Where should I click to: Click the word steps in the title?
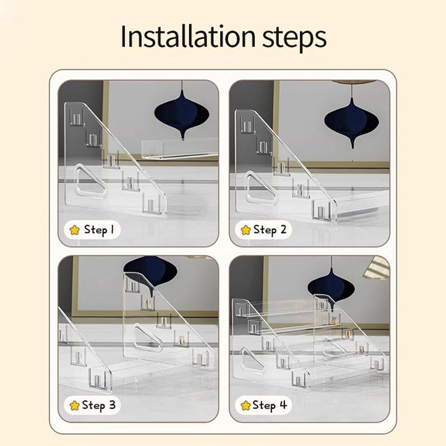pyautogui.click(x=294, y=38)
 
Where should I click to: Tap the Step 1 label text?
pyautogui.click(x=99, y=230)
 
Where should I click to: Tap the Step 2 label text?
pyautogui.click(x=270, y=230)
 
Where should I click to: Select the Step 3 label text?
pyautogui.click(x=99, y=405)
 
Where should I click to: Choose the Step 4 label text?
pyautogui.click(x=270, y=405)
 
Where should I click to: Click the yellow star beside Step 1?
pyautogui.click(x=75, y=230)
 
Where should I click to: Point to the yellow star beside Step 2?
pyautogui.click(x=245, y=230)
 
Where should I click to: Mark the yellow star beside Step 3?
pyautogui.click(x=75, y=405)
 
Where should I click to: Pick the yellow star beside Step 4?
pyautogui.click(x=245, y=405)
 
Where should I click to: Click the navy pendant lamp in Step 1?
pyautogui.click(x=182, y=114)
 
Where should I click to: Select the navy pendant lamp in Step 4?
pyautogui.click(x=331, y=287)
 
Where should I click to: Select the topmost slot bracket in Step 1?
pyautogui.click(x=77, y=117)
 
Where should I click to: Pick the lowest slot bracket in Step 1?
pyautogui.click(x=151, y=204)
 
